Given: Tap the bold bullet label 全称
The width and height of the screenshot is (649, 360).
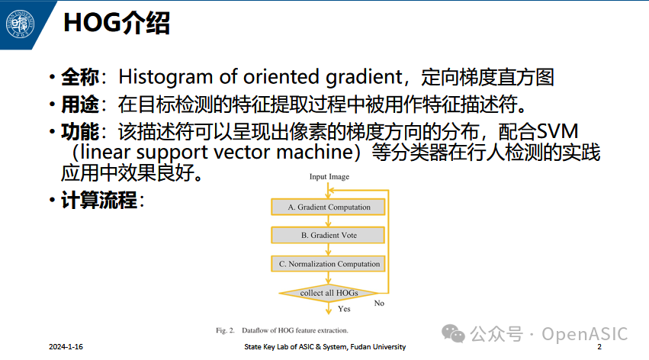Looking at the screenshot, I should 79,77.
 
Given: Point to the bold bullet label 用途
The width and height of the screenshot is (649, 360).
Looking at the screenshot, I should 79,104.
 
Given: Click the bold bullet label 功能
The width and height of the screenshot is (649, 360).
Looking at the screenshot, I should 79,130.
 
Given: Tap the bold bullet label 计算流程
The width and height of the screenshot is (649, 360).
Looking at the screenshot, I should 98,201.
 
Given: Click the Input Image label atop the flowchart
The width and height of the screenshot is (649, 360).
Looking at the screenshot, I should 329,177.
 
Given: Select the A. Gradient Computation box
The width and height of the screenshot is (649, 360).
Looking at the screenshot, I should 329,207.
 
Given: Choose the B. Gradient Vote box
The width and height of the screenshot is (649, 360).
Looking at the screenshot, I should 329,235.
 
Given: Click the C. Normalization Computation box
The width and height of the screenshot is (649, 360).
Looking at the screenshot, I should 329,264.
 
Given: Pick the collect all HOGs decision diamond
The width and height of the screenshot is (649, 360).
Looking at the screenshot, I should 329,293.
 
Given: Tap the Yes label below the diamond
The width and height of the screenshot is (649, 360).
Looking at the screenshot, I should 344,309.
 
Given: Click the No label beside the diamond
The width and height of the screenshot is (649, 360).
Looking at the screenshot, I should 378,304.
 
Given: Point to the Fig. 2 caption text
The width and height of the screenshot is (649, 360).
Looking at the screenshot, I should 282,330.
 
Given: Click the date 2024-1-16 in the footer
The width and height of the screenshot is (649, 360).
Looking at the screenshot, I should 66,347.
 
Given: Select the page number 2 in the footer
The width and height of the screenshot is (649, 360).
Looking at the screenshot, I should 599,347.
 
